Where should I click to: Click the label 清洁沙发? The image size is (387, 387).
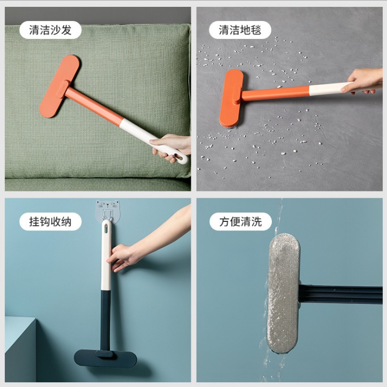coord(50,30)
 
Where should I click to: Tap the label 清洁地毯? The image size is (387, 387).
coord(240,30)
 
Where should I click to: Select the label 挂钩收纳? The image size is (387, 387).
coord(50,221)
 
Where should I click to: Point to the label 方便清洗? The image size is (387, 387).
coord(240,221)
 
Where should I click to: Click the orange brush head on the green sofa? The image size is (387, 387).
coord(59,86)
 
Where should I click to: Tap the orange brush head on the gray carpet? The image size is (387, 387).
coord(231,98)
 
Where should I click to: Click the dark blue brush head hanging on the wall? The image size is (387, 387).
coord(105,358)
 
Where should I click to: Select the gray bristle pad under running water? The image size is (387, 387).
coord(283,293)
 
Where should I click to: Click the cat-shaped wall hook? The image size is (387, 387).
coord(107,210)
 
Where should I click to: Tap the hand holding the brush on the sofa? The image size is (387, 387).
coord(171,147)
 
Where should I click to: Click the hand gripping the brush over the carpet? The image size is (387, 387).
coord(364,80)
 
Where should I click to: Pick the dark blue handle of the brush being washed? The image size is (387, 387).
coord(341,294)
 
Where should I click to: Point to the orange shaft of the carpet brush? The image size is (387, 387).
coord(274,94)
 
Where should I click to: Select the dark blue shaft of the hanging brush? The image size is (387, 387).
coord(106,320)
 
